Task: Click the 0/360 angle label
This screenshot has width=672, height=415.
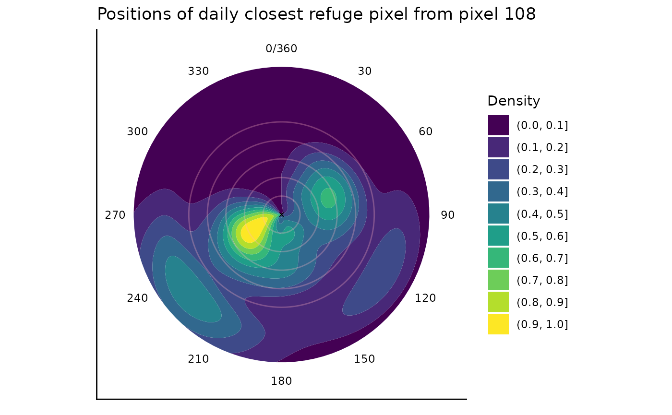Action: pyautogui.click(x=281, y=49)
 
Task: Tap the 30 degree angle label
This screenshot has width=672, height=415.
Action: pyautogui.click(x=365, y=71)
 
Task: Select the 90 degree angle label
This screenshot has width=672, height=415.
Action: pyautogui.click(x=447, y=215)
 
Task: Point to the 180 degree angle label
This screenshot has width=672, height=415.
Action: pyautogui.click(x=281, y=381)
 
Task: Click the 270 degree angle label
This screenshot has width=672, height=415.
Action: pyautogui.click(x=115, y=215)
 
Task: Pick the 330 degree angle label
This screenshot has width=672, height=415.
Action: pyautogui.click(x=198, y=71)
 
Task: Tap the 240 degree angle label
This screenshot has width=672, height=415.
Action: pyautogui.click(x=137, y=298)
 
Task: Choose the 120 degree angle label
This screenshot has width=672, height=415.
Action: pyautogui.click(x=425, y=298)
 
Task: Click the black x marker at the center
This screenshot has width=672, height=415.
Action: pyautogui.click(x=281, y=214)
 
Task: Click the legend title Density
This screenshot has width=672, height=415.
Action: pyautogui.click(x=514, y=101)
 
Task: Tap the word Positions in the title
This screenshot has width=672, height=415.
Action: pyautogui.click(x=127, y=14)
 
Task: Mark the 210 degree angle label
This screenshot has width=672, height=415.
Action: pyautogui.click(x=198, y=359)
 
